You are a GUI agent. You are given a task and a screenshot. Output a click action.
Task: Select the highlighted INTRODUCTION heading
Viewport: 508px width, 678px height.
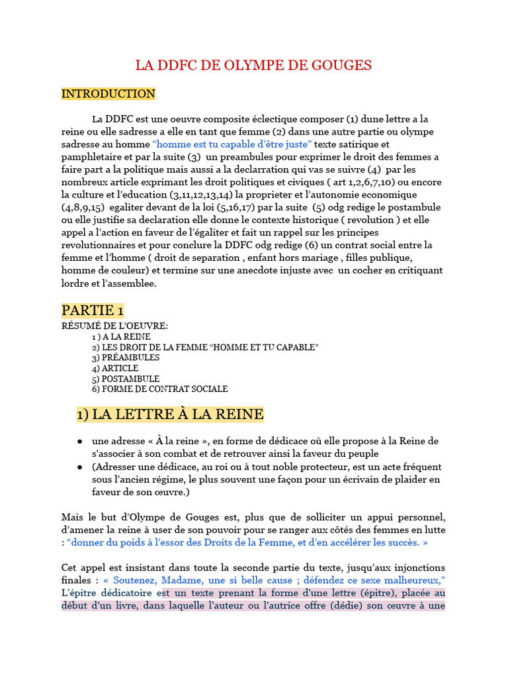(x=108, y=94)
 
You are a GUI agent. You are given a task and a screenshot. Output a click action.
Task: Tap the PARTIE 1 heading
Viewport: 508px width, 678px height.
(x=93, y=311)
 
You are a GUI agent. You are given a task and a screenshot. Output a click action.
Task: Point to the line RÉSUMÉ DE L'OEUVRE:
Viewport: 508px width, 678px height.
(x=114, y=326)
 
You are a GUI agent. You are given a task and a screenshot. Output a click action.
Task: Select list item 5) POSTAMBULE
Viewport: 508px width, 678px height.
(x=126, y=379)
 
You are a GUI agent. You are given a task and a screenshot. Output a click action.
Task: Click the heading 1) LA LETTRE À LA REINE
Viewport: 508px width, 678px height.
(x=170, y=415)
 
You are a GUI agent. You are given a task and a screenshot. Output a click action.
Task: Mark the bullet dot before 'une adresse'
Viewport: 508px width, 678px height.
(x=79, y=442)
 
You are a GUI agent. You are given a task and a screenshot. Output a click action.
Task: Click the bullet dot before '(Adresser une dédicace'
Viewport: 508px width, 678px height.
(x=79, y=467)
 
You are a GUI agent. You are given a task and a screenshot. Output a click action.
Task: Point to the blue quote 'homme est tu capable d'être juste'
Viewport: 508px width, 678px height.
(x=232, y=144)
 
